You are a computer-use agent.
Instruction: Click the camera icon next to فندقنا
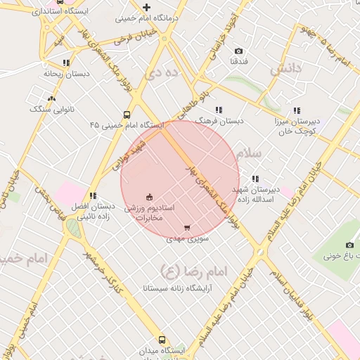238,51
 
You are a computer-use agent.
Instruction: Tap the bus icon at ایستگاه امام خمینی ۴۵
127,115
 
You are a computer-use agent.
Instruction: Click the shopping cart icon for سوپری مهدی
186,228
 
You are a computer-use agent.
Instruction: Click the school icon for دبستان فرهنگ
219,110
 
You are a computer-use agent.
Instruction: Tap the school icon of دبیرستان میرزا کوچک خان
297,110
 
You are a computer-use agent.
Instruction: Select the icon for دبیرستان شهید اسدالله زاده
255,179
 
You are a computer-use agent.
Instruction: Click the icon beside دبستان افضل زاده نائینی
92,195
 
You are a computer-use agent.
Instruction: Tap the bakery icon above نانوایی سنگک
51,99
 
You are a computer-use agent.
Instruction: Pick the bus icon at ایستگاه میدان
162,340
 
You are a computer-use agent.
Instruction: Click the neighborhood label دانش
285,68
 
